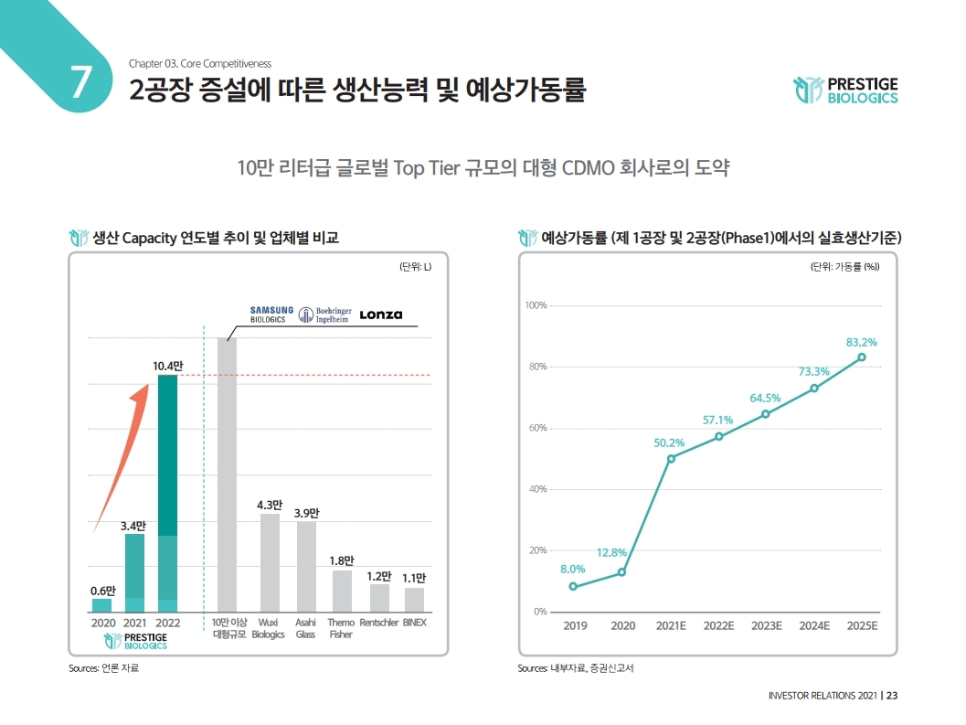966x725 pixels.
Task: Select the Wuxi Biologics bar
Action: [x=270, y=562]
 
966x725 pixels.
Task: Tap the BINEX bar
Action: [x=414, y=600]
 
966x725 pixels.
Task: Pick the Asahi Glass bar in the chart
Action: [x=306, y=567]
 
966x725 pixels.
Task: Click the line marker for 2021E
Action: [x=671, y=458]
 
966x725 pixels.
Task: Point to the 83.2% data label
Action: [x=861, y=342]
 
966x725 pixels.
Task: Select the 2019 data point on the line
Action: [x=573, y=586]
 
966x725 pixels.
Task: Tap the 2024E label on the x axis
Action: [x=813, y=626]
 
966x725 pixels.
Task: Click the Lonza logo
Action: [x=380, y=315]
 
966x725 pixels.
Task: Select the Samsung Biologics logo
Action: [x=271, y=315]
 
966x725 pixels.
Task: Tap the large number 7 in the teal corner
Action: [x=80, y=82]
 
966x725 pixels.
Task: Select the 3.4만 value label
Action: [x=133, y=526]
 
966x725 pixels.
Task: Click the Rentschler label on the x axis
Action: [x=378, y=623]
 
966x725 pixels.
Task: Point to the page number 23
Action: [x=892, y=696]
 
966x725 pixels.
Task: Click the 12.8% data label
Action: [x=611, y=552]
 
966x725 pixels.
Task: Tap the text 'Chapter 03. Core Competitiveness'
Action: [x=199, y=63]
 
